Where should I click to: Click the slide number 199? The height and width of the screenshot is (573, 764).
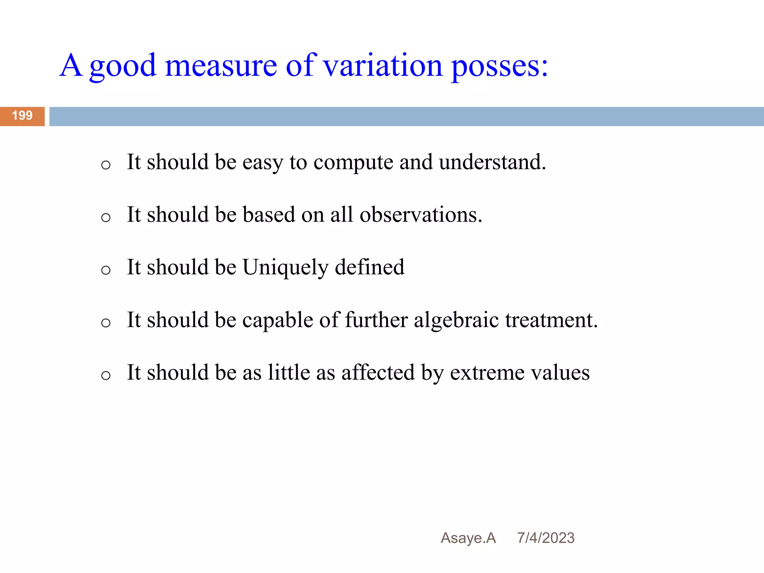point(22,116)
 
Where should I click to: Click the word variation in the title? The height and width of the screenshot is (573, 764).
point(382,66)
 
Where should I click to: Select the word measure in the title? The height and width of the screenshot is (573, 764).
point(221,66)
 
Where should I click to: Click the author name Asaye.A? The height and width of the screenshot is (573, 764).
point(468,538)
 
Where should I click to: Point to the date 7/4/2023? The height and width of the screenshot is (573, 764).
point(546,538)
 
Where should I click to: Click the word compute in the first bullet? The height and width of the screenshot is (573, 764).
point(353,163)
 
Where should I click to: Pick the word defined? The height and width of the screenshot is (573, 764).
point(369,267)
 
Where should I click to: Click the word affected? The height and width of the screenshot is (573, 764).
point(378,373)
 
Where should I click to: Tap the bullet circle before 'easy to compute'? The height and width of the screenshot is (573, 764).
point(106,165)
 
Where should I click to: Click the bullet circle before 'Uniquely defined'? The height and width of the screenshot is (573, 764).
point(106,270)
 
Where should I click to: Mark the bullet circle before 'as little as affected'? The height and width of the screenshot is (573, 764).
point(106,375)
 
